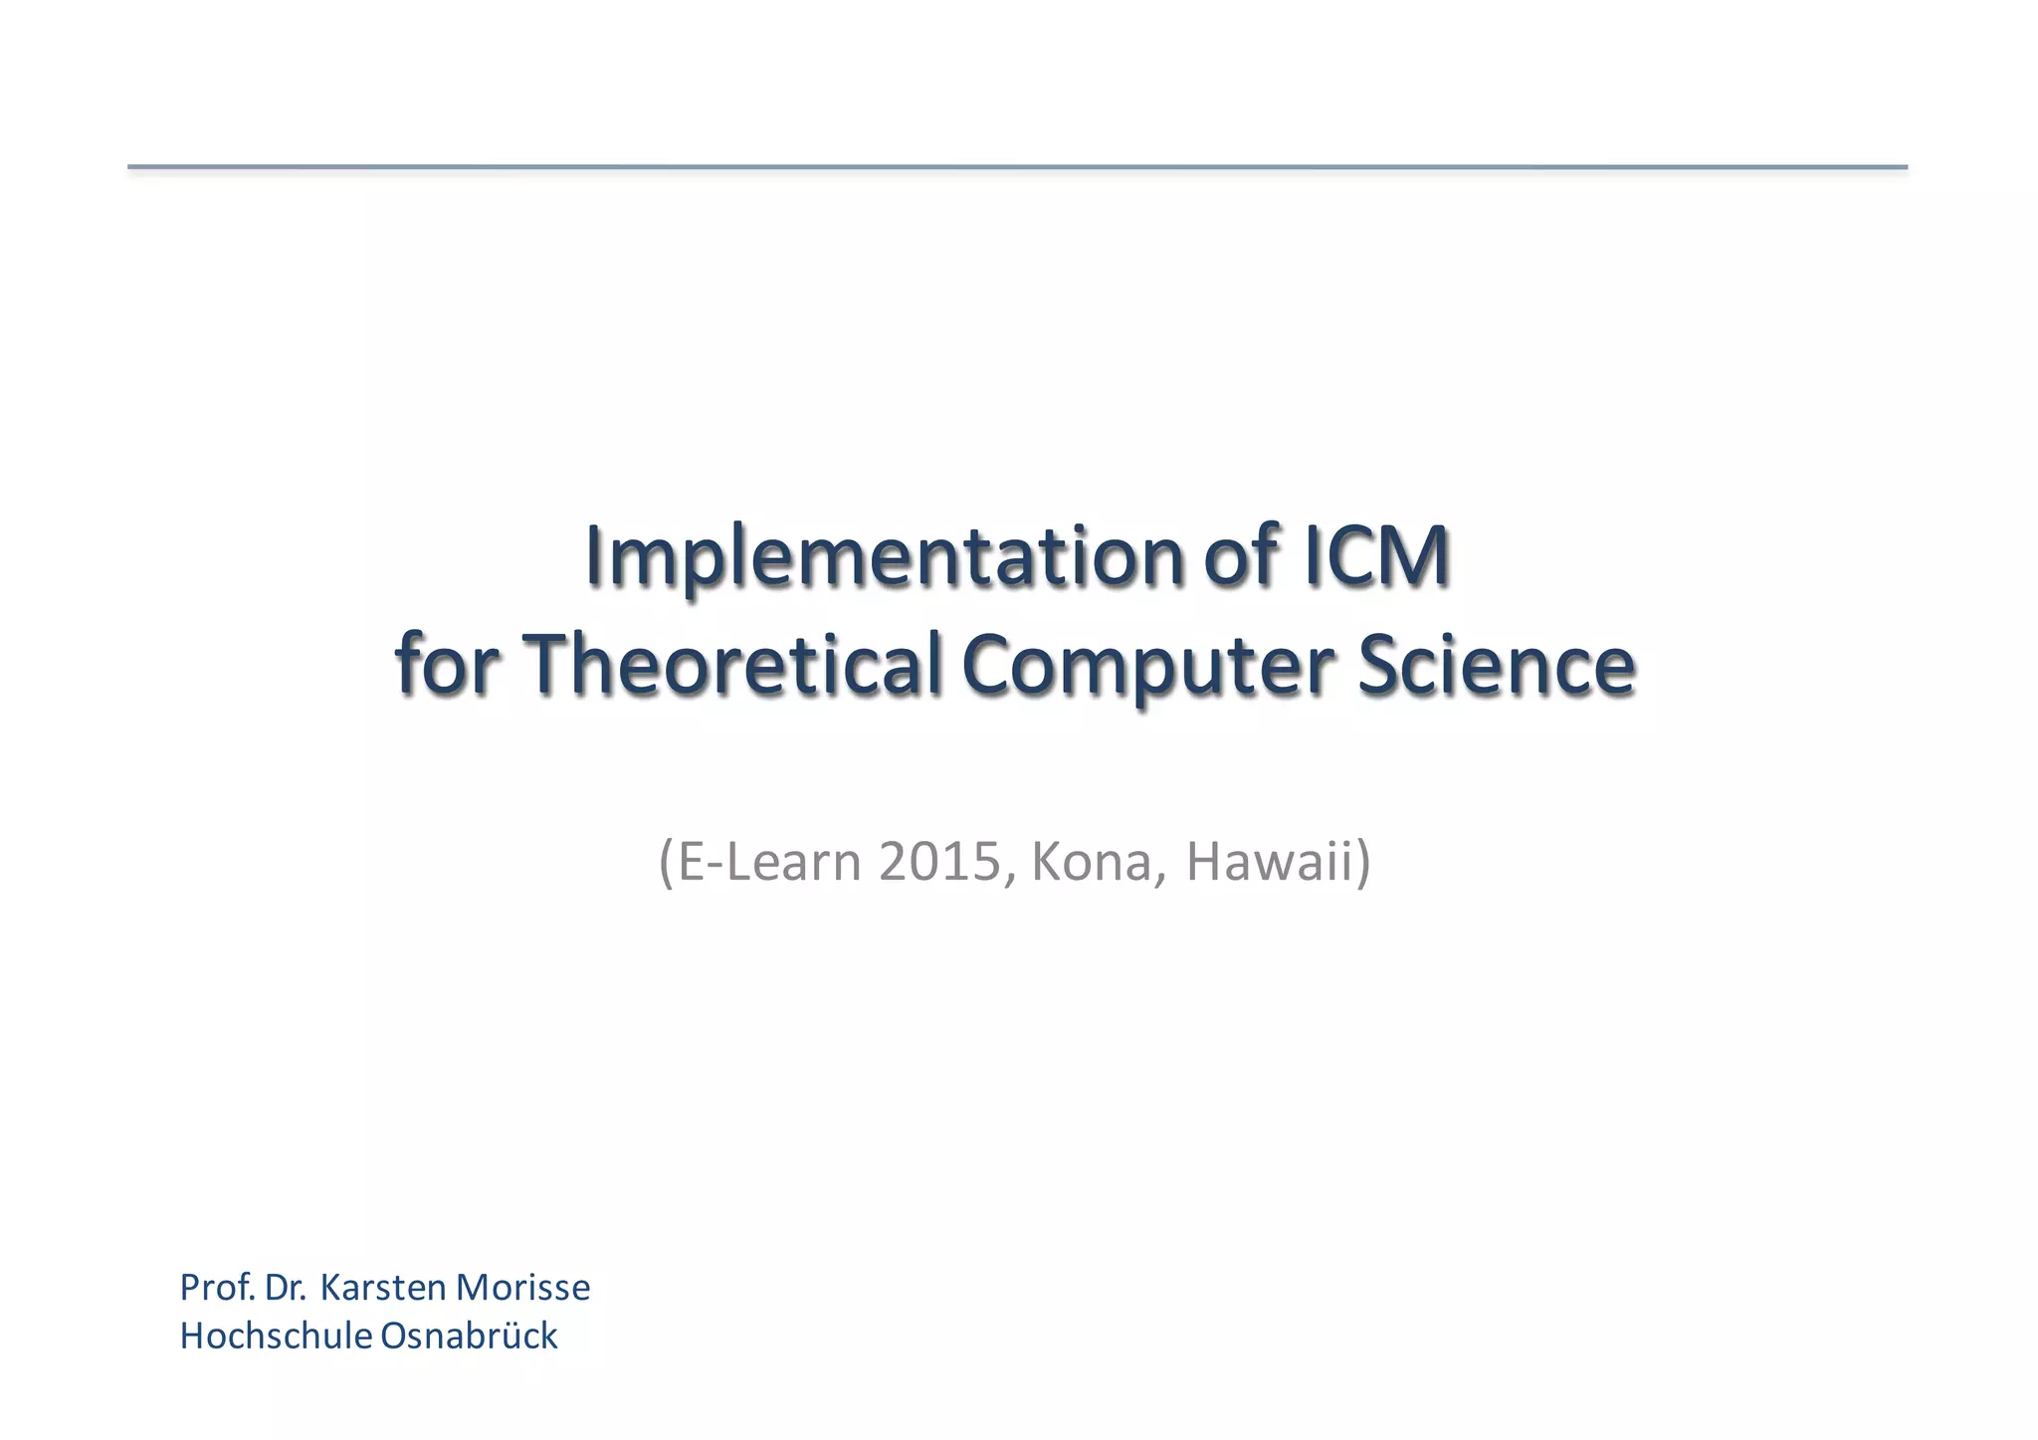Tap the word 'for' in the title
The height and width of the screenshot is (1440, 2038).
point(445,665)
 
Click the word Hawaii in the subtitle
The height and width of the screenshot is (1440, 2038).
point(1270,862)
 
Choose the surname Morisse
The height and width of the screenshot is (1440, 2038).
point(522,1288)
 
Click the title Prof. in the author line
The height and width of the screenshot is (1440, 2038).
point(218,1288)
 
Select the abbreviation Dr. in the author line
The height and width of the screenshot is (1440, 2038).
point(286,1288)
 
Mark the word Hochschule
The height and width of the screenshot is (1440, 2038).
point(276,1336)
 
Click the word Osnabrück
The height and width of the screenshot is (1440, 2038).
point(469,1336)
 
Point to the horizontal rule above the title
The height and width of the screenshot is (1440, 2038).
point(1017,167)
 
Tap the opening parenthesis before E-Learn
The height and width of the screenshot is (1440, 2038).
point(665,863)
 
